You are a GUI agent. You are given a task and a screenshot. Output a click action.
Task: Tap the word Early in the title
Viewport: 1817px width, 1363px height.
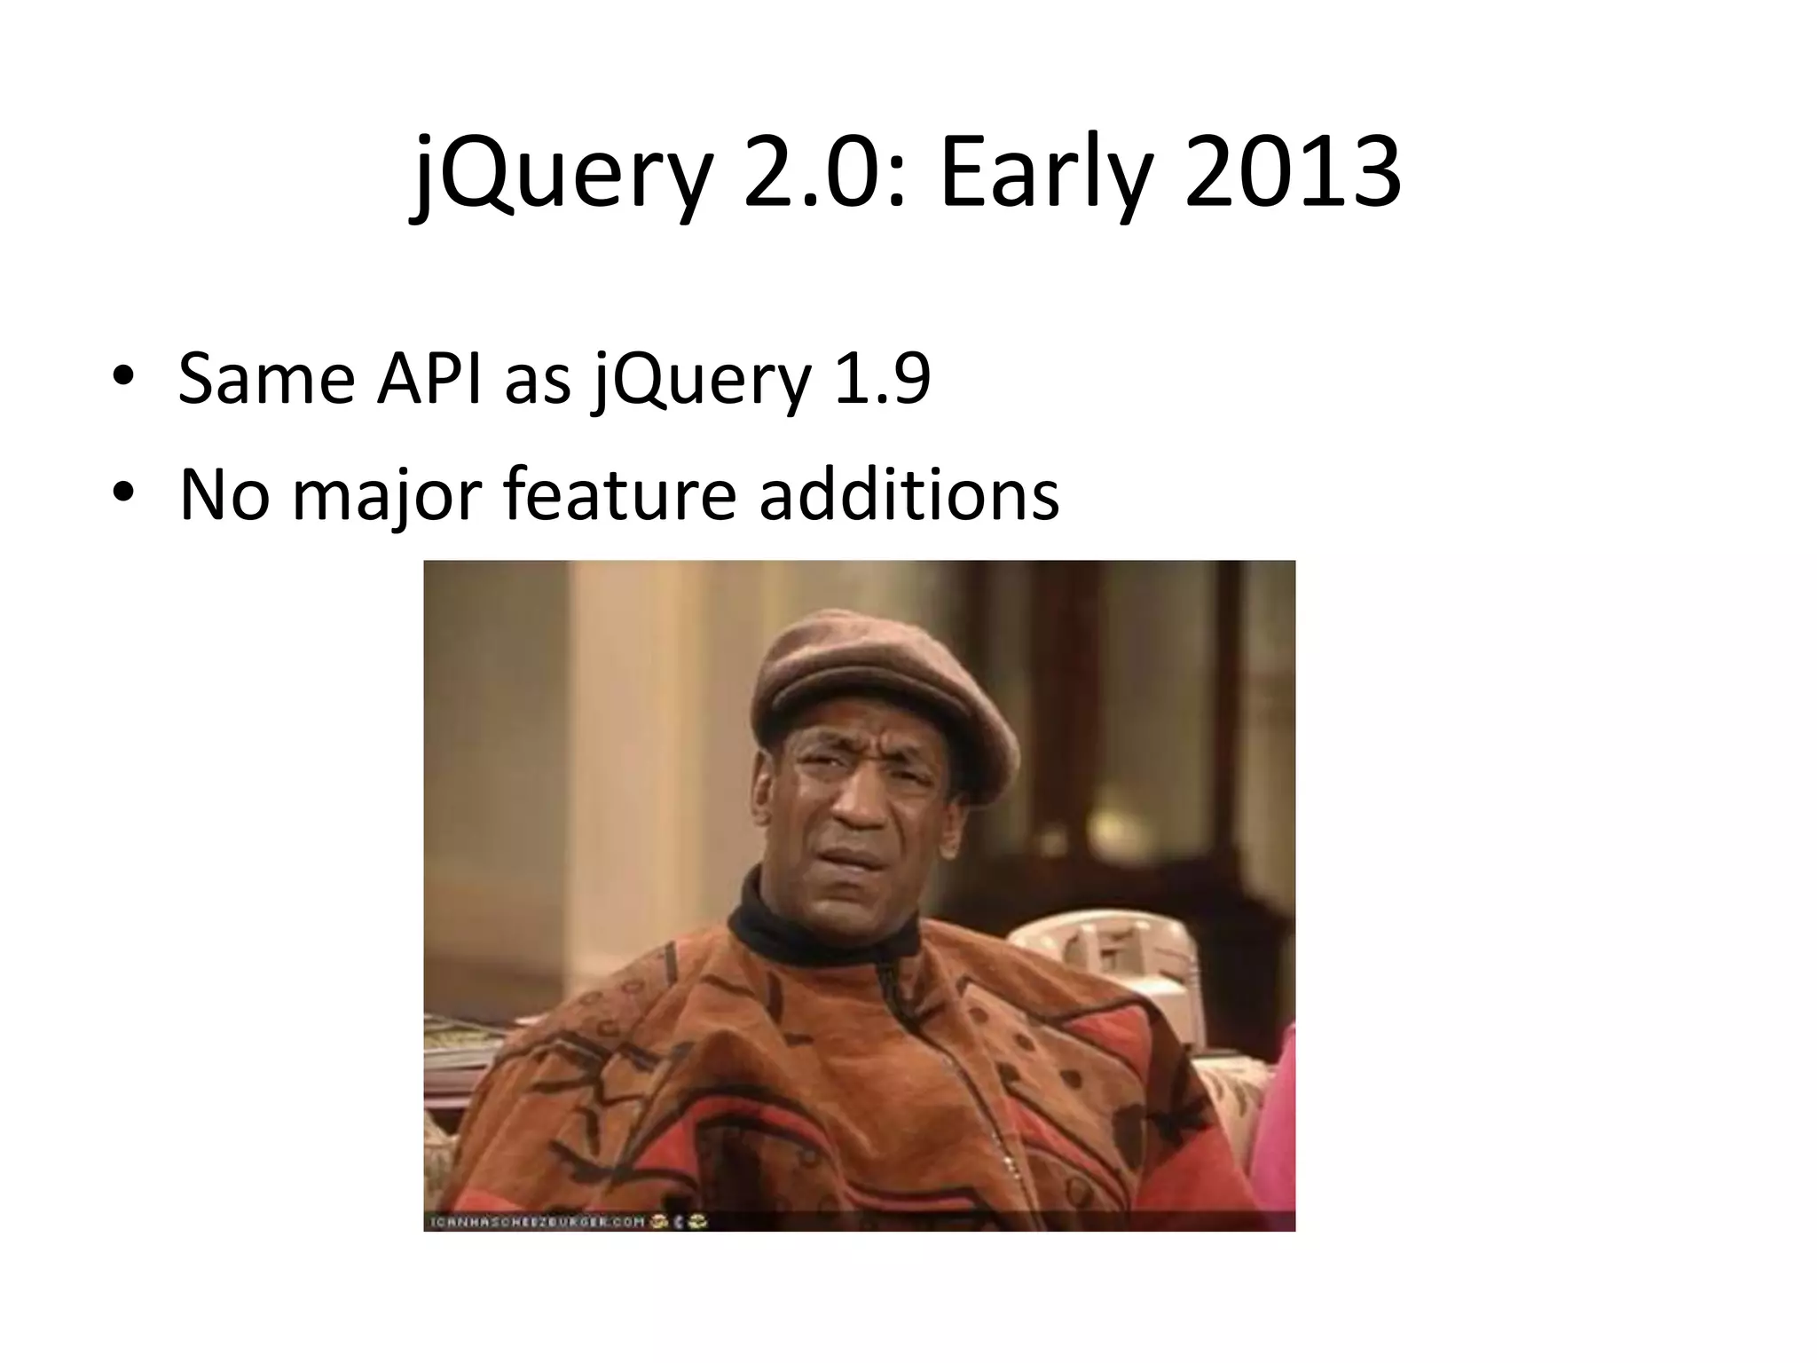tap(1047, 174)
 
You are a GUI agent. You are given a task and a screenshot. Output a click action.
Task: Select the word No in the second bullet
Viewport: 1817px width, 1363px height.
tap(224, 494)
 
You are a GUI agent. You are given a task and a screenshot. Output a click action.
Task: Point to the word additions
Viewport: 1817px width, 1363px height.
tap(908, 494)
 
